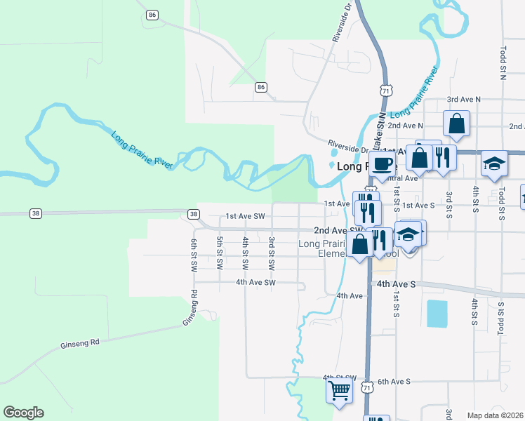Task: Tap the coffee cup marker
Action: tap(382, 164)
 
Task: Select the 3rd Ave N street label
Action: tap(464, 100)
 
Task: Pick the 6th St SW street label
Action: tap(194, 254)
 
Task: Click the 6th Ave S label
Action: tap(393, 382)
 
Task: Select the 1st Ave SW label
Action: tap(245, 217)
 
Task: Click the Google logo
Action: tap(23, 413)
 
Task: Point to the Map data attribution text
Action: tap(496, 415)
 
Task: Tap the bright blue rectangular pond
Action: tap(437, 313)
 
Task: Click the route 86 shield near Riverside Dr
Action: tap(261, 87)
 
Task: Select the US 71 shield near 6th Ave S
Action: tap(366, 387)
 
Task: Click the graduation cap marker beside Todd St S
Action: tap(494, 163)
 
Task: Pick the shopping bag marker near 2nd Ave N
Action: tap(456, 123)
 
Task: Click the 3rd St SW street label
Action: tap(271, 254)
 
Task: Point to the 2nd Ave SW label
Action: tap(338, 230)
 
